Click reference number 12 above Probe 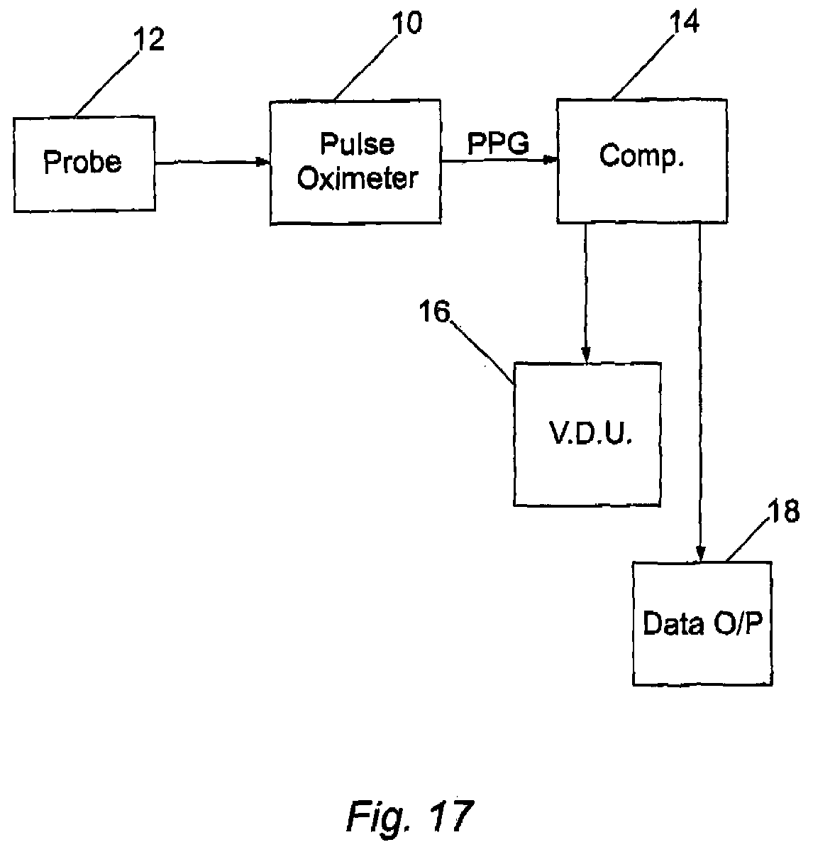point(148,40)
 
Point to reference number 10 point(406,23)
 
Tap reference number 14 point(684,22)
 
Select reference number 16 point(434,312)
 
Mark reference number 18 point(783,511)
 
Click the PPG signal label point(498,143)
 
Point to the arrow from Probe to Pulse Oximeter point(212,162)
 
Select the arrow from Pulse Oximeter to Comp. point(499,160)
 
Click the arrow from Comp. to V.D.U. point(586,293)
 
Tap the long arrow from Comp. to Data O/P point(700,392)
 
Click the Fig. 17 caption point(410,816)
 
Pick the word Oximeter point(358,177)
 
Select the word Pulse point(358,143)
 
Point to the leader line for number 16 point(482,353)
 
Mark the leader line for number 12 point(106,84)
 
